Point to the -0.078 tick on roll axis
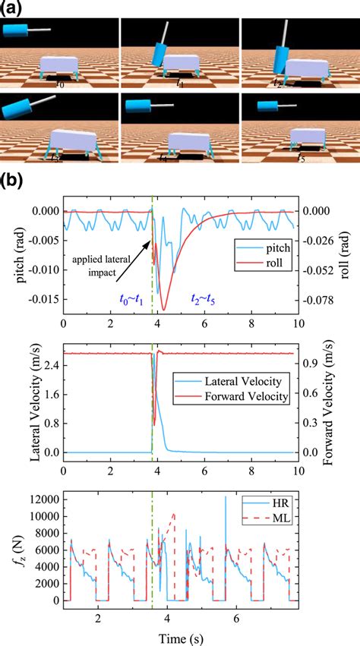click(x=318, y=299)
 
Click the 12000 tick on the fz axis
click(x=42, y=499)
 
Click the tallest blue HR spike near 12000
click(x=226, y=498)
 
